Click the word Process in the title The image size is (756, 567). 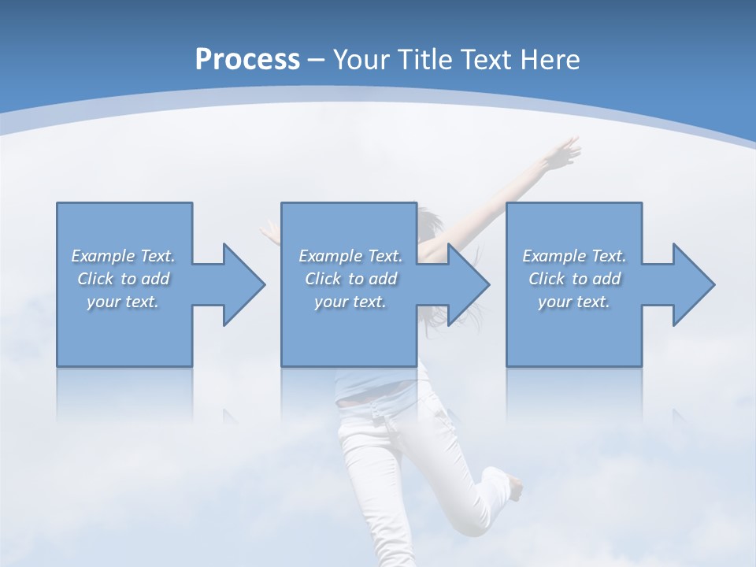247,60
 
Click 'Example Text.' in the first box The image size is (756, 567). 124,256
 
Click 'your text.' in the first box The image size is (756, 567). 124,302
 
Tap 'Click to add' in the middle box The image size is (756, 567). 350,279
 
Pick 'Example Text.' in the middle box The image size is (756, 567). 350,256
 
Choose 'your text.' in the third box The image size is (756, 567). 574,302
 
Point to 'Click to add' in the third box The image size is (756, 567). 574,279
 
